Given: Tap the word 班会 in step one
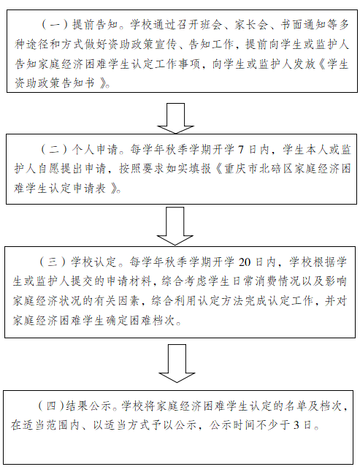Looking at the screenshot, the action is (210, 25).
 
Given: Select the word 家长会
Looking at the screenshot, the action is (251, 25).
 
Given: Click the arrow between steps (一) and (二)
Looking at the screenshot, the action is (175, 118).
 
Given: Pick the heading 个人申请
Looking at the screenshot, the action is (95, 150).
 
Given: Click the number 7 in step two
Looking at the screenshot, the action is (241, 150).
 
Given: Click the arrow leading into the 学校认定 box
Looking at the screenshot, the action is (175, 226).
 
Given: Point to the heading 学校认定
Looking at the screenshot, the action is (94, 262).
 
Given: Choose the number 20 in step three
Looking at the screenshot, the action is (244, 262).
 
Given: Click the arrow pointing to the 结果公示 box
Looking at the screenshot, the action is (177, 364).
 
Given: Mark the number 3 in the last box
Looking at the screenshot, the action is (296, 425).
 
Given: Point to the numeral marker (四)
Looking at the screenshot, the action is (51, 406).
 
